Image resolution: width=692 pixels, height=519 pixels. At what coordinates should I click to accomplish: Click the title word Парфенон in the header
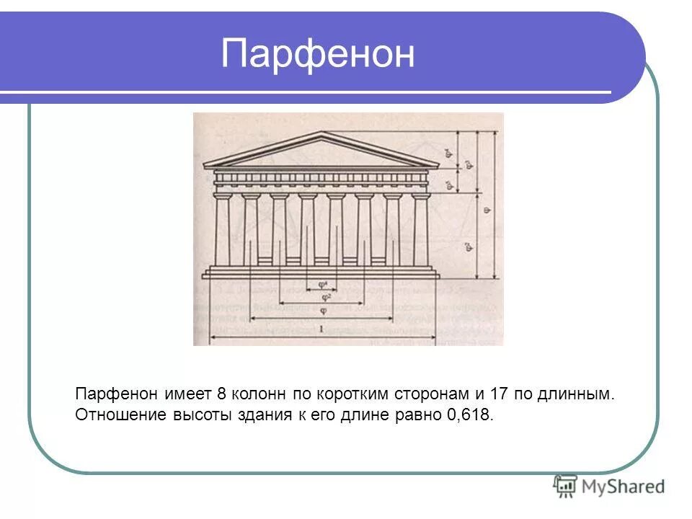click(318, 54)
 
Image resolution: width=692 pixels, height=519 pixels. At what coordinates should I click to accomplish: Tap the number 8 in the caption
click(221, 394)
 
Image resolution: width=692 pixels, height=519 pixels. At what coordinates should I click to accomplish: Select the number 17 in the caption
click(499, 394)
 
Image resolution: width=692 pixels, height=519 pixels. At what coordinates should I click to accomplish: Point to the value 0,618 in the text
click(471, 416)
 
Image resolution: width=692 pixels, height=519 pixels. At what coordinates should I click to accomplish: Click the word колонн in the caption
click(259, 394)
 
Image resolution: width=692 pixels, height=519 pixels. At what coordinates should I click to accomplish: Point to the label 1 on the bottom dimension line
click(321, 329)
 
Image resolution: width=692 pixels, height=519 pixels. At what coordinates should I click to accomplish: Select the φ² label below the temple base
click(326, 296)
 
